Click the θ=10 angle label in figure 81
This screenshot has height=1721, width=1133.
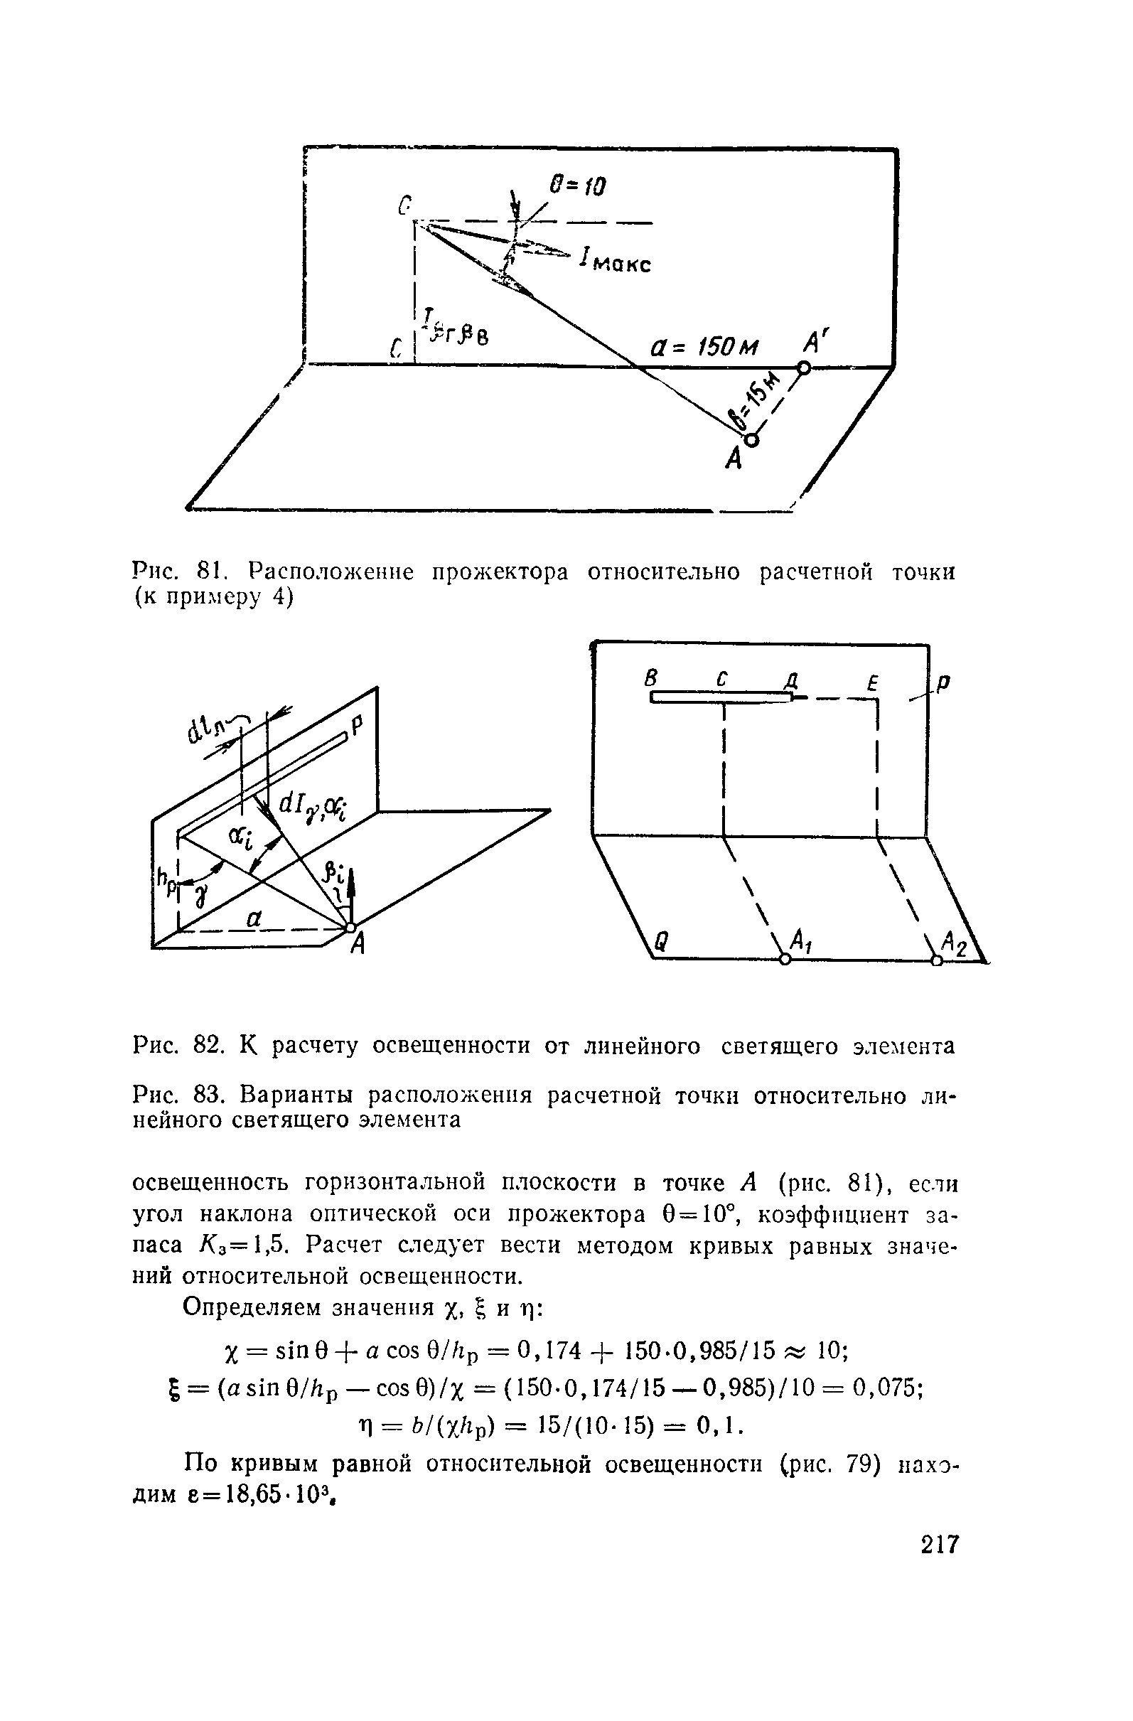click(577, 186)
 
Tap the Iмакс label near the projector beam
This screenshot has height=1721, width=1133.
click(616, 260)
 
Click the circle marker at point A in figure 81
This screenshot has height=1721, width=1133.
click(751, 439)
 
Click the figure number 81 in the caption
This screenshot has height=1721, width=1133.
click(210, 573)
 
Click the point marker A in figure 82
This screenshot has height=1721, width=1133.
click(350, 927)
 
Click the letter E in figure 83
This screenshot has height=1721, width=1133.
click(873, 682)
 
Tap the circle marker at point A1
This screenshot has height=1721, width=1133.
click(785, 960)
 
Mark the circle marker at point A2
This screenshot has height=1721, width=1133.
click(937, 960)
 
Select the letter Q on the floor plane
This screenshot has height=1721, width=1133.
click(660, 940)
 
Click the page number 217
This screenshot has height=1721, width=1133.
click(939, 1544)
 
